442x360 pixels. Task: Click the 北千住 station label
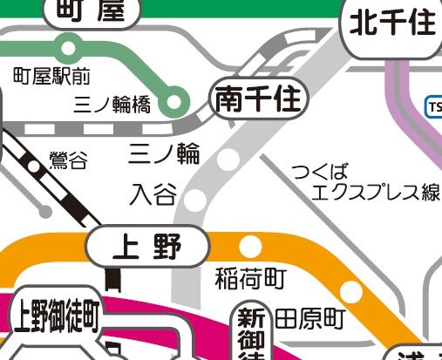pos(392,24)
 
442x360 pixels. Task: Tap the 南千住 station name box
pos(260,102)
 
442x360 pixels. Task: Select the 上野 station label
pos(147,248)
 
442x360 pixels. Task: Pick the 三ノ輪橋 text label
pos(112,105)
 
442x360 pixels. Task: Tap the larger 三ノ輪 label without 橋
pos(165,154)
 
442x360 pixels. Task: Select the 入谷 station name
pos(153,194)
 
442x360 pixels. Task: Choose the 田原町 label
pos(310,319)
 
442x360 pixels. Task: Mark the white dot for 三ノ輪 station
pos(228,160)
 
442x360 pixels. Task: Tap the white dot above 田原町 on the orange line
pos(351,291)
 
